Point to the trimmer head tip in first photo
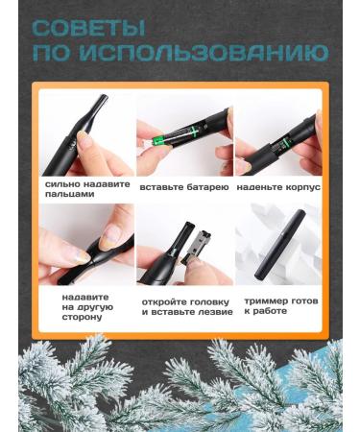95,106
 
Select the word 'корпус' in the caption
300,186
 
